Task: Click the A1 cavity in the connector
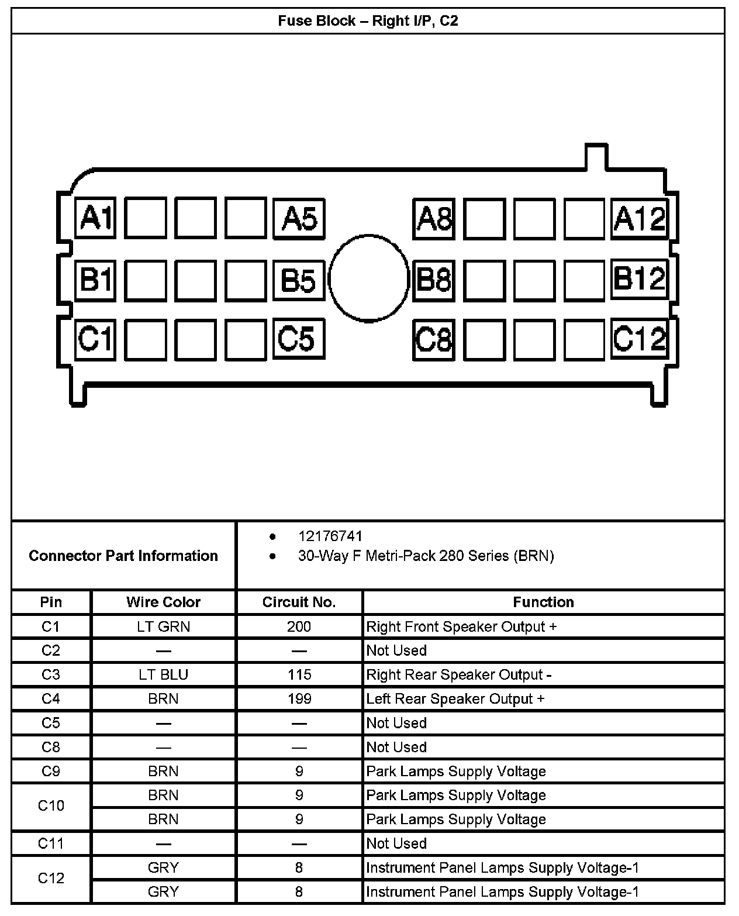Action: [x=95, y=218]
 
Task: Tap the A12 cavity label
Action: [x=639, y=218]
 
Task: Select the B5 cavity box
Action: [x=298, y=280]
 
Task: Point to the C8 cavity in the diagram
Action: [x=433, y=339]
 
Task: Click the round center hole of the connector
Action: [x=368, y=278]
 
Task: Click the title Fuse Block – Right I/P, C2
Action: [x=368, y=21]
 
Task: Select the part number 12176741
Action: [x=330, y=536]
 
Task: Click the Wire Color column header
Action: [x=163, y=602]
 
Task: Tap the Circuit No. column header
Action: [x=299, y=602]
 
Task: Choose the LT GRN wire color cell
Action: [x=163, y=626]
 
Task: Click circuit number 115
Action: [x=299, y=674]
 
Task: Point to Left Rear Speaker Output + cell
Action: [x=455, y=699]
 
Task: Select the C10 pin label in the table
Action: [x=51, y=806]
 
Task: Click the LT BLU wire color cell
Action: [x=163, y=674]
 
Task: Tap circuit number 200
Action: [x=299, y=626]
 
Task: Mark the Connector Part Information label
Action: [x=123, y=555]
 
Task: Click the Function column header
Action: [x=543, y=602]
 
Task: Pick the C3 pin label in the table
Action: [x=51, y=674]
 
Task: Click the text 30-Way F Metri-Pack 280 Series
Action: [x=426, y=556]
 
